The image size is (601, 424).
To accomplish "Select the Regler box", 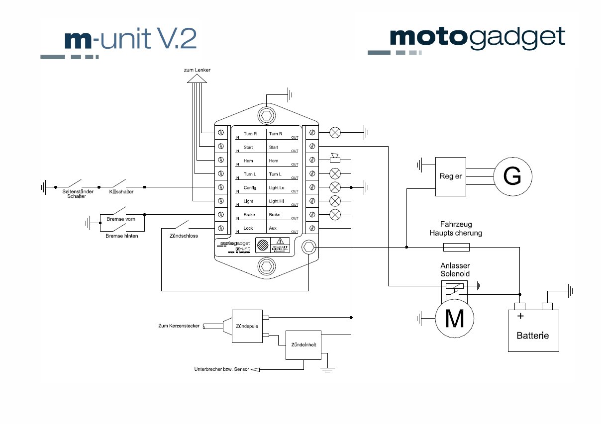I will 451,176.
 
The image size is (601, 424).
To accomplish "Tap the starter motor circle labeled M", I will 455,319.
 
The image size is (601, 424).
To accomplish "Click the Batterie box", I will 533,331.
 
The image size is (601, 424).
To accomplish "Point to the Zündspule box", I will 247,326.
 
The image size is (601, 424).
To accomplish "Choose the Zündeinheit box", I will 303,344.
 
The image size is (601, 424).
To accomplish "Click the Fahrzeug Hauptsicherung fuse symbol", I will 456,247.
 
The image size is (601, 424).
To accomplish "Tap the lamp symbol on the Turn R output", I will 336,133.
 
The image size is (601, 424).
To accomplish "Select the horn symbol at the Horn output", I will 336,159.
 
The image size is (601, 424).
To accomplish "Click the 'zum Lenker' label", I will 197,70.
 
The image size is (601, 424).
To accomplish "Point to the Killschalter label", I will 121,191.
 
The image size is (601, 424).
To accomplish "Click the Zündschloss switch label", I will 184,236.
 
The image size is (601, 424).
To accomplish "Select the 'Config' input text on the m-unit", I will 249,188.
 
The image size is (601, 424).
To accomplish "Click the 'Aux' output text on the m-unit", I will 273,228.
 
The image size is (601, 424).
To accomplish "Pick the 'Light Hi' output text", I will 277,201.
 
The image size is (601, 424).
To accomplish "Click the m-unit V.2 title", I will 130,39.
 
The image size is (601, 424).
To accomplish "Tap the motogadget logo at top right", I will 477,38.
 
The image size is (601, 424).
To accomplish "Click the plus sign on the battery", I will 520,316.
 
